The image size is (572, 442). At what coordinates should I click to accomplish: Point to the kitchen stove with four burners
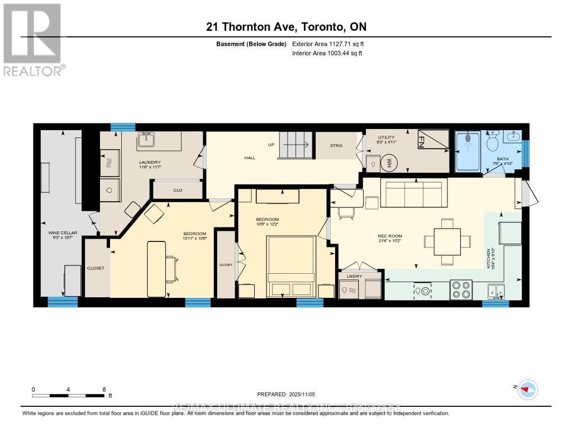[x=461, y=290]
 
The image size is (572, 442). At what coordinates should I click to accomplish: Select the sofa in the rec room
[x=413, y=193]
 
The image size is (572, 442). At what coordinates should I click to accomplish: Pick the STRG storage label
[x=336, y=146]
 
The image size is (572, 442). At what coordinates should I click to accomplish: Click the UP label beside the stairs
[x=271, y=145]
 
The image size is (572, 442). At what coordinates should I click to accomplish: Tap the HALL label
[x=249, y=158]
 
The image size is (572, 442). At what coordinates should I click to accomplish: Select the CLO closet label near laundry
[x=178, y=191]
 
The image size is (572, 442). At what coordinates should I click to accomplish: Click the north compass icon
[x=527, y=389]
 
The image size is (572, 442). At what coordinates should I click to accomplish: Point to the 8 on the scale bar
[x=104, y=389]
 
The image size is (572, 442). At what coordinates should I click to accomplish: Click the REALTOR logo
[x=33, y=39]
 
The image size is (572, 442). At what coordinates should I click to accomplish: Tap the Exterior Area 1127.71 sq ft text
[x=328, y=44]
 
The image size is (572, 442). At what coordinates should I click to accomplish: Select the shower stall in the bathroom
[x=468, y=151]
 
